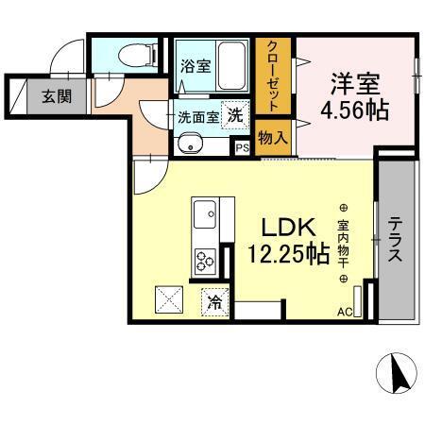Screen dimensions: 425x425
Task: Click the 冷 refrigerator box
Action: coord(214,302)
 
